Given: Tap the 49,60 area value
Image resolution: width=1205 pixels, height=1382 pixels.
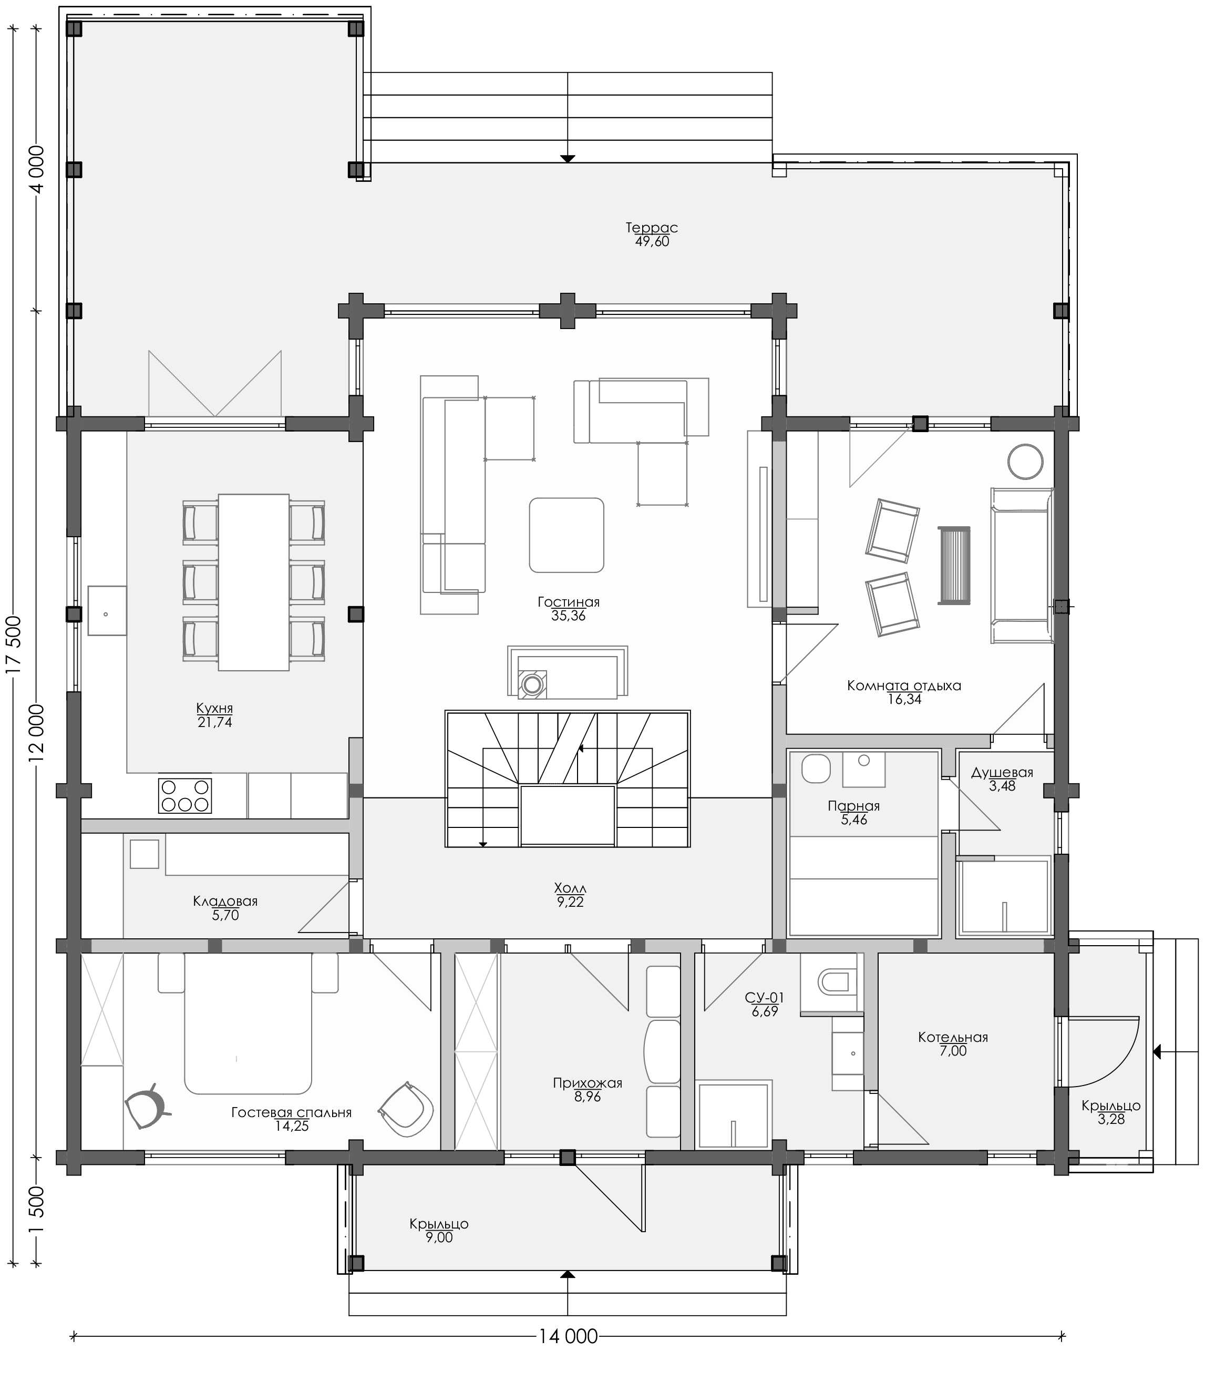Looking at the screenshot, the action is [x=652, y=241].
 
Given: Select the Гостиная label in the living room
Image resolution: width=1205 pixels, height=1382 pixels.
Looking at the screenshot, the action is [x=568, y=602].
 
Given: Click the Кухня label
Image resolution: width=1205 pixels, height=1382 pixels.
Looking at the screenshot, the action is [x=214, y=708].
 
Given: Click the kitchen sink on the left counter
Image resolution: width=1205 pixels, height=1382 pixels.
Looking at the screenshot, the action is [x=107, y=610].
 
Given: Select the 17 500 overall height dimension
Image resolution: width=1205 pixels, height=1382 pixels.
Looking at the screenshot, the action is [x=14, y=644].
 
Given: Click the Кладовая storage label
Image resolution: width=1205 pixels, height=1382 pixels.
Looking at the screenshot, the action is [x=225, y=901].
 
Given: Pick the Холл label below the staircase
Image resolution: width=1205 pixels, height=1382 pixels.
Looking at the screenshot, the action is [x=570, y=888].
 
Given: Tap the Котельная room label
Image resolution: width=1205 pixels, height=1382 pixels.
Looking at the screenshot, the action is [x=953, y=1037].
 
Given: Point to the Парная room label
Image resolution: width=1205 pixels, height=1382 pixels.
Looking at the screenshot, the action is [x=854, y=806].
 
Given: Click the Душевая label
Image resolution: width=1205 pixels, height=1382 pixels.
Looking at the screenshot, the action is [x=1002, y=773].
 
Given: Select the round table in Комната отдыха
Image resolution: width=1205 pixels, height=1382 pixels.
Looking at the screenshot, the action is [x=1025, y=462].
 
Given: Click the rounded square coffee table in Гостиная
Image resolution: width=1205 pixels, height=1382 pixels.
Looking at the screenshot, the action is [x=566, y=535].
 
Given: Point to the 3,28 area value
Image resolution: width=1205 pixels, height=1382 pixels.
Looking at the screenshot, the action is [x=1111, y=1119].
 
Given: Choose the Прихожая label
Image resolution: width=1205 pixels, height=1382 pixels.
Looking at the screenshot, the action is [x=588, y=1083].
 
